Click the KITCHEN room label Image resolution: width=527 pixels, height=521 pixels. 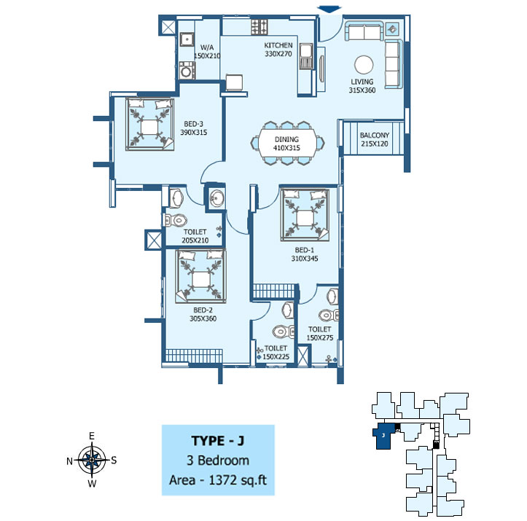278,45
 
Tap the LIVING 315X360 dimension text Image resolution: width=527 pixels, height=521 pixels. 362,90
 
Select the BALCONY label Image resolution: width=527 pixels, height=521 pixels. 375,135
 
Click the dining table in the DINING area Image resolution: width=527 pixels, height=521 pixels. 286,144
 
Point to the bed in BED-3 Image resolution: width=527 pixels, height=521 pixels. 149,124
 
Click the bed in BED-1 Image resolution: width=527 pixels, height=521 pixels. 305,215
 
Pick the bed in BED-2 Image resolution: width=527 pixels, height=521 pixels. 200,275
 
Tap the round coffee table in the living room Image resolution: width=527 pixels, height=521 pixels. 364,64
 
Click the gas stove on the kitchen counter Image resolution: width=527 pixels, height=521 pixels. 259,27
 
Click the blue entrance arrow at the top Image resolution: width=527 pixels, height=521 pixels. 329,9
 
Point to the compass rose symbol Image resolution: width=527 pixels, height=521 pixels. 92,460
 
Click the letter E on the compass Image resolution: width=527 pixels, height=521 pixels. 91,436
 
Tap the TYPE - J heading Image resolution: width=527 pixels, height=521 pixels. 218,441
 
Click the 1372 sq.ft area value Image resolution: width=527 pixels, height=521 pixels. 238,480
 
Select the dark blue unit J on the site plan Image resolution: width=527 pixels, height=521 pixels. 383,436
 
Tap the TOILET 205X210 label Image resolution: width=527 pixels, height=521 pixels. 195,236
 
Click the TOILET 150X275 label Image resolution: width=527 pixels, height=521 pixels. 320,333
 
